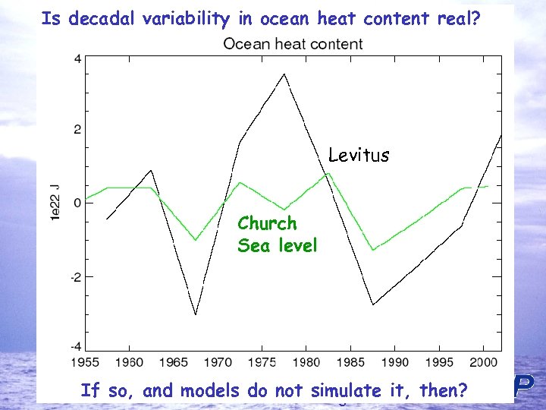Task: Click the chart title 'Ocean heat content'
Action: [293, 44]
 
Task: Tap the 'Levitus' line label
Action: [359, 156]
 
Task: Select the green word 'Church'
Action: [267, 224]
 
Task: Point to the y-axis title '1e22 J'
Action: [55, 202]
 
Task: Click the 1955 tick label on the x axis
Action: [86, 363]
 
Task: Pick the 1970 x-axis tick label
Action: [218, 363]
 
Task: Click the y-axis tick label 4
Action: [77, 58]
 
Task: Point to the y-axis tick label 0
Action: [77, 203]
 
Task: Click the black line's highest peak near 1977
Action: [284, 74]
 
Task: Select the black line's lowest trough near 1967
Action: [196, 314]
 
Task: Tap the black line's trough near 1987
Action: [372, 304]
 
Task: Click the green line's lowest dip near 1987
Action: [372, 249]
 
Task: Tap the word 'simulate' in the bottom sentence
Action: [340, 391]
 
